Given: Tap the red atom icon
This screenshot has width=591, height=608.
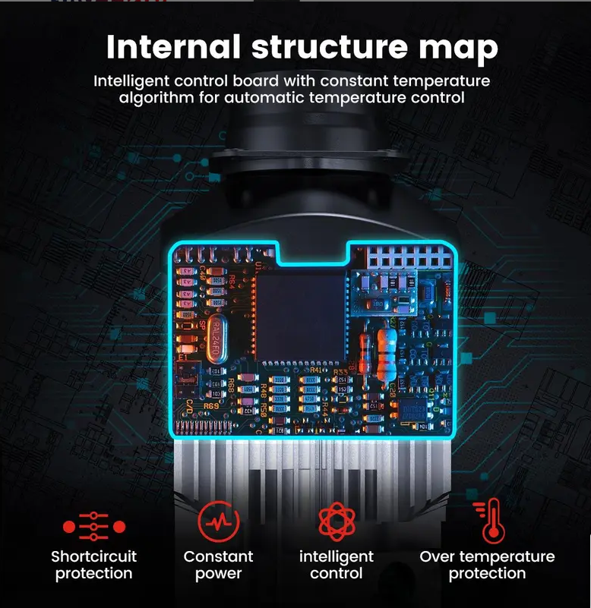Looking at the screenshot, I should [x=337, y=521].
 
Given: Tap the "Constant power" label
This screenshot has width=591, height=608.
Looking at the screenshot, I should [x=219, y=565].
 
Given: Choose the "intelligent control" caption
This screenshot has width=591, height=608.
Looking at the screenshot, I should [x=337, y=565].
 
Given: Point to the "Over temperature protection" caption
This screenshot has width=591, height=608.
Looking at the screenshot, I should [x=487, y=565].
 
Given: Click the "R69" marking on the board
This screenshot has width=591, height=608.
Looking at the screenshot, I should [x=210, y=405].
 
